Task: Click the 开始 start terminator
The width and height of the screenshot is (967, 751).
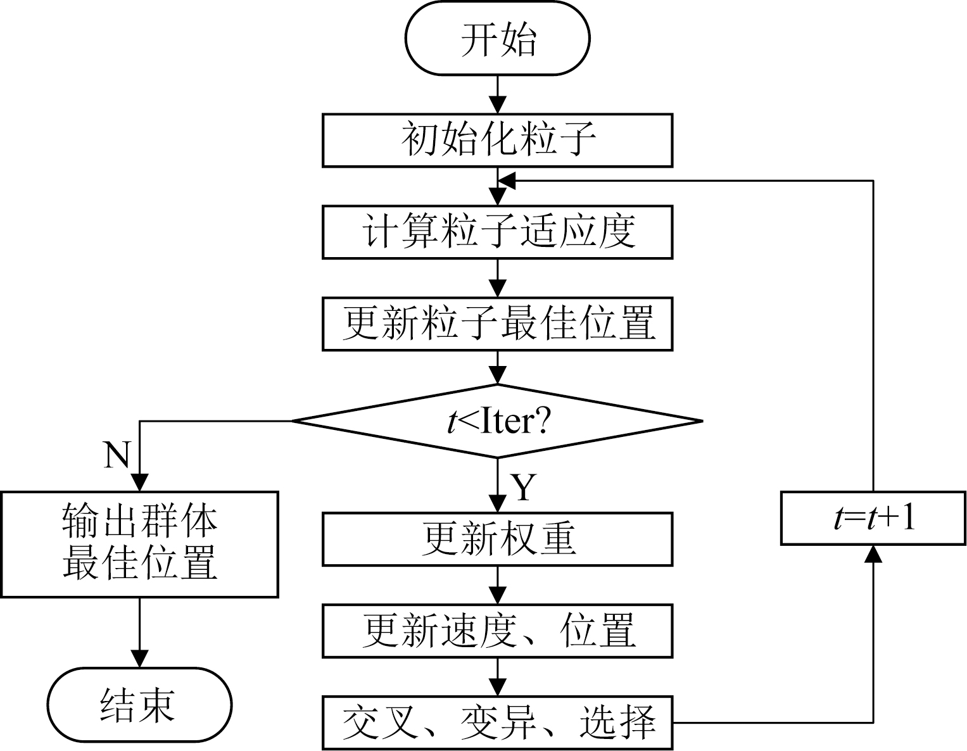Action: pyautogui.click(x=497, y=39)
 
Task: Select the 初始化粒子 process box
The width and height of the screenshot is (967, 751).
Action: pyautogui.click(x=497, y=140)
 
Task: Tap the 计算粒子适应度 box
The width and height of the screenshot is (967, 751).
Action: pyautogui.click(x=497, y=232)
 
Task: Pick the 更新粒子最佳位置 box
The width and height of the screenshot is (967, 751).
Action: pyautogui.click(x=497, y=324)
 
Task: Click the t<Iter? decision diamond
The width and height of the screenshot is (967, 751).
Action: pyautogui.click(x=497, y=421)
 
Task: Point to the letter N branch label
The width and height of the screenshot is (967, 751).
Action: pyautogui.click(x=117, y=454)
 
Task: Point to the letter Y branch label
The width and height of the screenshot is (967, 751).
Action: pyautogui.click(x=524, y=487)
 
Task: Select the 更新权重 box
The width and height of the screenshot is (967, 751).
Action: pyautogui.click(x=497, y=539)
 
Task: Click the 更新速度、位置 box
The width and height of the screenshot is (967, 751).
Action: pyautogui.click(x=497, y=631)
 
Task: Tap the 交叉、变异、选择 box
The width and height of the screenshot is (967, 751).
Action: pyautogui.click(x=497, y=723)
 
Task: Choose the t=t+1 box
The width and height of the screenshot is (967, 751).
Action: pyautogui.click(x=873, y=518)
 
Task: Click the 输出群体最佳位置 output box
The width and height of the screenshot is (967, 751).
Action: pyautogui.click(x=139, y=544)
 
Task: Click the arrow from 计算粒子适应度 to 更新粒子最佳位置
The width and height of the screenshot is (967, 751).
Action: pyautogui.click(x=498, y=279)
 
